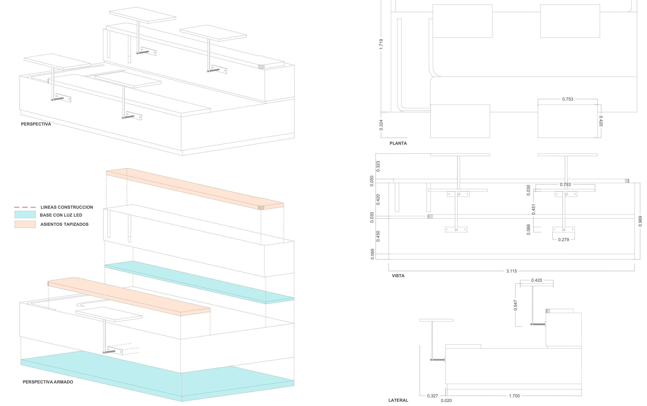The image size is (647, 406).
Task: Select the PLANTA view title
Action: [x=398, y=143]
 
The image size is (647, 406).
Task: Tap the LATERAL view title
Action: [x=398, y=400]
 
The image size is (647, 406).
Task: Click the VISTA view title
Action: [x=398, y=276]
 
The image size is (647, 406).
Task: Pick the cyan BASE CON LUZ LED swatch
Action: [x=25, y=214]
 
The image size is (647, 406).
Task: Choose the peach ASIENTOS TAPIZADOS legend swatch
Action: [x=25, y=224]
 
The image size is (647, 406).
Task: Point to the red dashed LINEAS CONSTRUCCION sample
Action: [x=25, y=207]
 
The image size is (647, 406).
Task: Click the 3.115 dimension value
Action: [x=511, y=271]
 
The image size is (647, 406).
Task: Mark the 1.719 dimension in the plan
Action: [x=381, y=44]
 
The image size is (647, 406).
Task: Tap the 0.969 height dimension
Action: [x=640, y=221]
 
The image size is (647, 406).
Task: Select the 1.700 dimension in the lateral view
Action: [x=514, y=396]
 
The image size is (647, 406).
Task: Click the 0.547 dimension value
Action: [x=515, y=305]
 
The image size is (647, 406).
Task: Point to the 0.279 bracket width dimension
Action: [x=563, y=240]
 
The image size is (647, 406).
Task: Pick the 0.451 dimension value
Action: [x=534, y=209]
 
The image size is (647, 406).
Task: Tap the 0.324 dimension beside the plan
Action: [x=381, y=125]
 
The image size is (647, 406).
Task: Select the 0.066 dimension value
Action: [x=528, y=230]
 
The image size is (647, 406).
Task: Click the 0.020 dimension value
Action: [x=446, y=401]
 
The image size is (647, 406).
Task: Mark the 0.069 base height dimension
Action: [x=372, y=254]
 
